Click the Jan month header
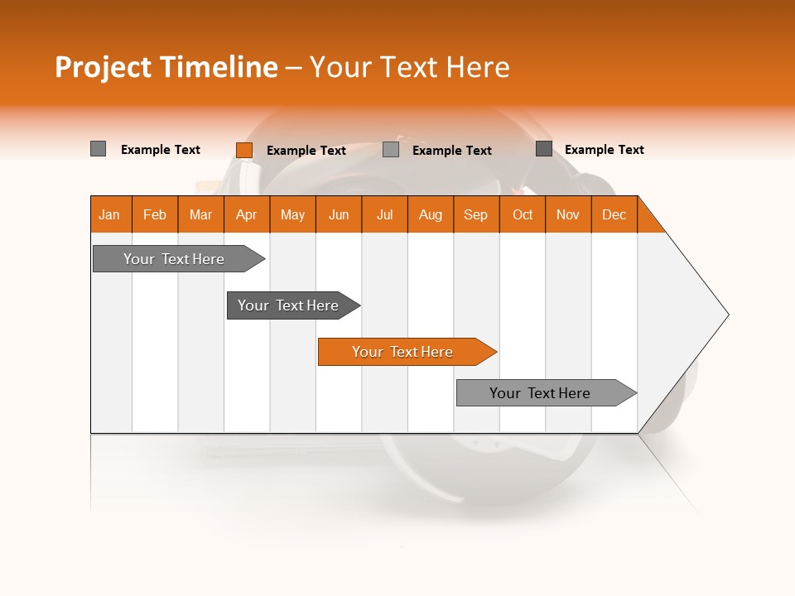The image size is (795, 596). click(110, 214)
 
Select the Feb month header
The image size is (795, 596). click(155, 214)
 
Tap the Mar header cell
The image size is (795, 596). click(200, 214)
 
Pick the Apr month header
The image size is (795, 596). click(247, 214)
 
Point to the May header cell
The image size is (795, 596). click(292, 214)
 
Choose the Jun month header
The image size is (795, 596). click(339, 214)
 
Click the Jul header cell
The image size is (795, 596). click(384, 214)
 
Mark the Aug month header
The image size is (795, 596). click(431, 214)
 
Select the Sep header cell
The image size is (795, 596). click(476, 214)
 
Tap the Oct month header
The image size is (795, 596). click(523, 214)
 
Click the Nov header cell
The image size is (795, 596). click(568, 214)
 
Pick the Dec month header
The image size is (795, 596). click(614, 214)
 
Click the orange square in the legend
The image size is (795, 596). click(244, 150)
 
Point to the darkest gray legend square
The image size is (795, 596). click(544, 149)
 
